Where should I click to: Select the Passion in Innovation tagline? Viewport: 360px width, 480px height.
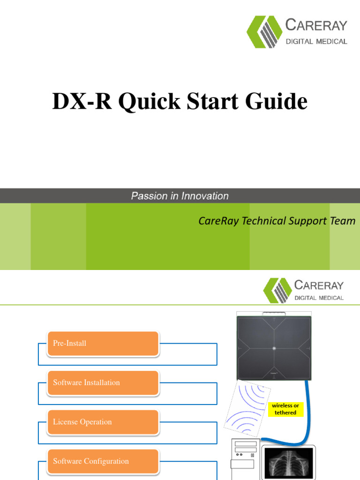click(180, 196)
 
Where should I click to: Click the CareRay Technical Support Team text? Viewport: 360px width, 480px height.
click(277, 221)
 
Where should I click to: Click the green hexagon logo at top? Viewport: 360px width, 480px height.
click(264, 32)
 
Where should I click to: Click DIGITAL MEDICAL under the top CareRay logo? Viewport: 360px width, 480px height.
click(316, 41)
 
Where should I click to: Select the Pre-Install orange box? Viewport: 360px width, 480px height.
click(103, 344)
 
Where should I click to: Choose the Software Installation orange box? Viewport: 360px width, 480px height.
click(103, 383)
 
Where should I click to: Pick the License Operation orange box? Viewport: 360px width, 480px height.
click(103, 422)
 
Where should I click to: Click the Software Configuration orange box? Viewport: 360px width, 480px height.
click(103, 462)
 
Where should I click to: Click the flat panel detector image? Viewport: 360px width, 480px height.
click(274, 347)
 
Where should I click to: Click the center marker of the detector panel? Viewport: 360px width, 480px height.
click(274, 348)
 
